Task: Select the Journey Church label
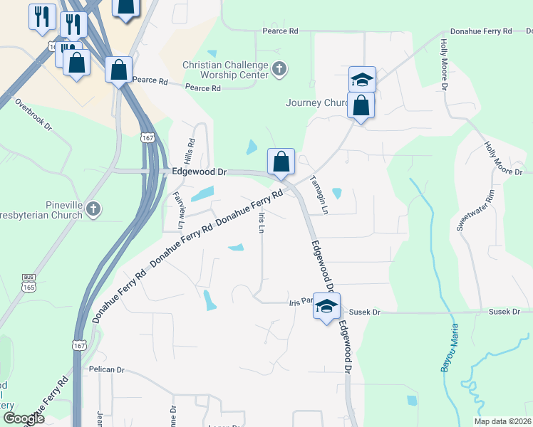click(316, 102)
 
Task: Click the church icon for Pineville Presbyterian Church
click(94, 209)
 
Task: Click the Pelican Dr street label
click(106, 370)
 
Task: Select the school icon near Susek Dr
click(326, 306)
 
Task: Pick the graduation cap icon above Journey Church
click(362, 79)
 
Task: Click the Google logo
click(24, 418)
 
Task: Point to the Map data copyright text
click(503, 421)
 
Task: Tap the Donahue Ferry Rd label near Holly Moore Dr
click(481, 31)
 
